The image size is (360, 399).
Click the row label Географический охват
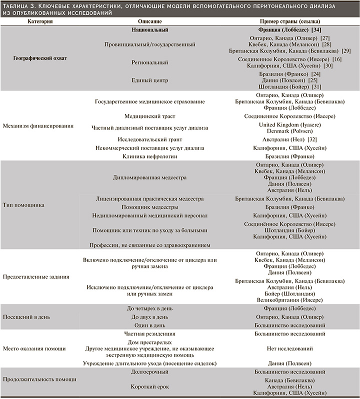click(x=40, y=58)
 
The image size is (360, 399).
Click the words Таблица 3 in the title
click(x=19, y=5)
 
